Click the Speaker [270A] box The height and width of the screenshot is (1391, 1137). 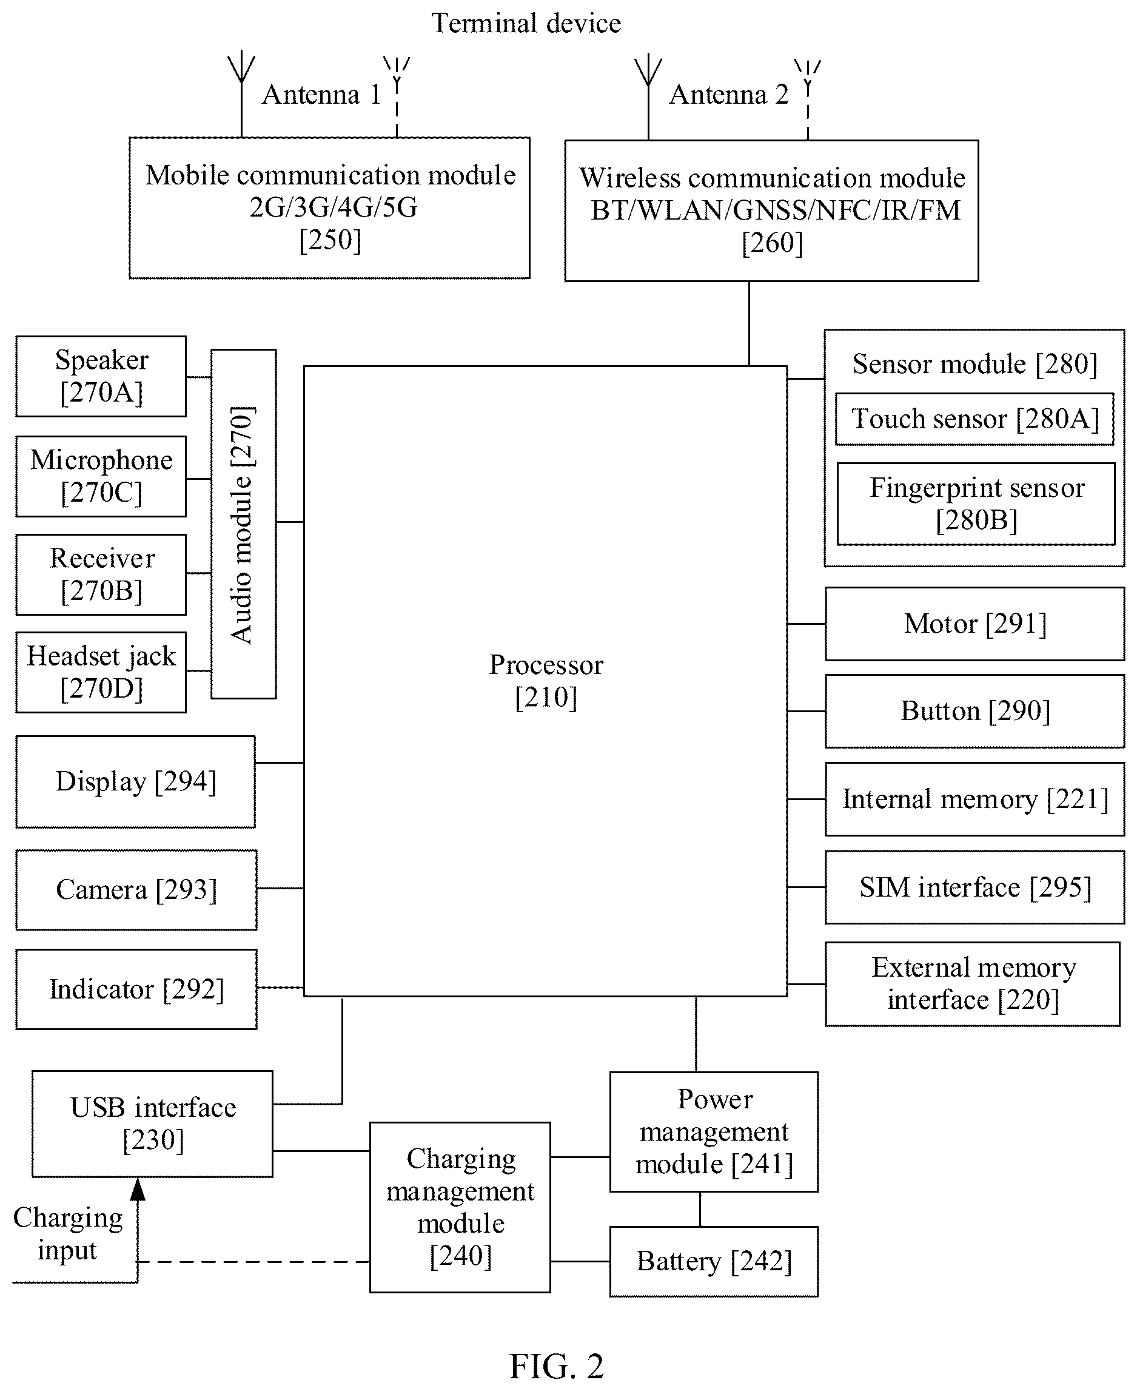coord(101,376)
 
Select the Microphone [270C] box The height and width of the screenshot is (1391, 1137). coord(101,476)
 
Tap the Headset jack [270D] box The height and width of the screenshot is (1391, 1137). coord(101,672)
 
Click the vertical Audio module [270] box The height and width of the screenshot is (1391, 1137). coord(244,524)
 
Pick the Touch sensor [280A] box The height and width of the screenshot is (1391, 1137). coord(974,419)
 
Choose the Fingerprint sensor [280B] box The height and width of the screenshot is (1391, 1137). coord(976,504)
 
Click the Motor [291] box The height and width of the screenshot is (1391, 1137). coord(974,624)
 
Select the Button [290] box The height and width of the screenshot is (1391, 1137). coord(974,711)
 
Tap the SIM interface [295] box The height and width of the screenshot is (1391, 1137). coord(974,887)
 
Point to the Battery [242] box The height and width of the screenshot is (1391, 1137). coord(714,1261)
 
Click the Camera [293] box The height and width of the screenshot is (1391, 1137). coord(136,890)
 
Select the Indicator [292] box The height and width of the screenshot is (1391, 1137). coord(136,989)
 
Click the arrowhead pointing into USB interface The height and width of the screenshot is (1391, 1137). coord(138,1188)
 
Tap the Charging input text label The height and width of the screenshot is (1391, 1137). coord(67,1234)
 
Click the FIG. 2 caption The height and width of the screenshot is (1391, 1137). coord(556,1366)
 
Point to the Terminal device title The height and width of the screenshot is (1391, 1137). coord(526,24)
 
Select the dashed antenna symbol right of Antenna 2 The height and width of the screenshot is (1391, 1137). coord(808,99)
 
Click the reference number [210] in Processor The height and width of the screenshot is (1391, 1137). coord(546,697)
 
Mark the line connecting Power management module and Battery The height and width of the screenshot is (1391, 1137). coord(700,1209)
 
